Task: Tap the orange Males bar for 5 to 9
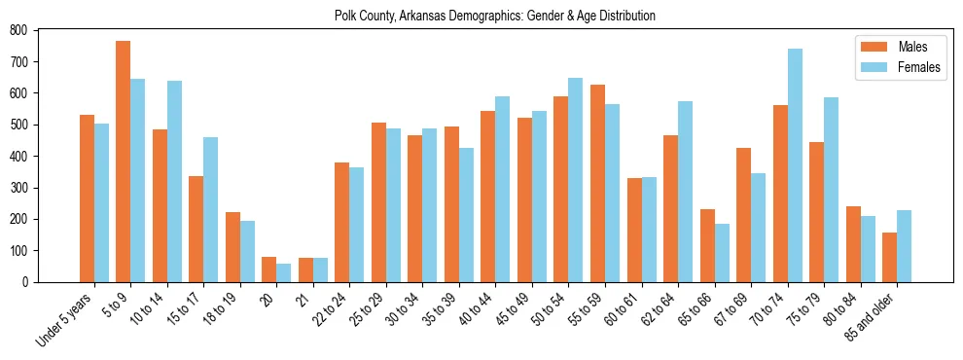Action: [x=124, y=162]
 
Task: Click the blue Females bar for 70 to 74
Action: [x=795, y=165]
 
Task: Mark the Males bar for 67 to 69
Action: [x=743, y=215]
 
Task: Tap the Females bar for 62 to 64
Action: [x=686, y=192]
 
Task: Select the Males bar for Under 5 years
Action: [x=87, y=198]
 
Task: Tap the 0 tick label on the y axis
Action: [x=25, y=282]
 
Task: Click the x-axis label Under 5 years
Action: [x=66, y=319]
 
